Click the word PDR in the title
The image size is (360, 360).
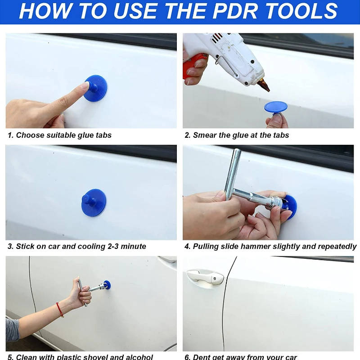click(x=245, y=11)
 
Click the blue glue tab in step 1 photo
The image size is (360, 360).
click(x=95, y=88)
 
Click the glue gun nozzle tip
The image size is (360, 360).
click(x=266, y=88)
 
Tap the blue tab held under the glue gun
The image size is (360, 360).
click(x=275, y=108)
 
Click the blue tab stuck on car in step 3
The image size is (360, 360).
click(x=94, y=202)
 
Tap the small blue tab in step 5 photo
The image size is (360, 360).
click(x=107, y=284)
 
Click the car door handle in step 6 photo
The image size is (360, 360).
click(x=205, y=276)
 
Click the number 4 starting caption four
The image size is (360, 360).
click(x=187, y=247)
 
